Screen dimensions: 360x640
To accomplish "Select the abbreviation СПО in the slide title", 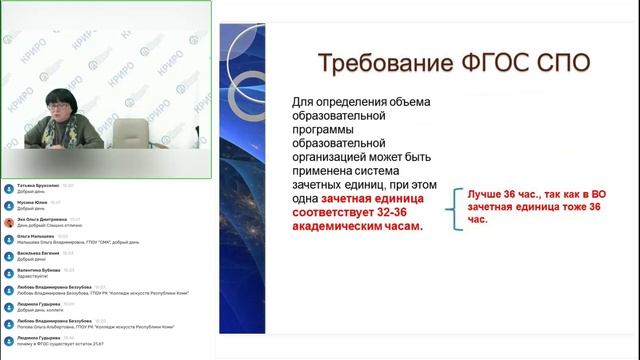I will (560, 63).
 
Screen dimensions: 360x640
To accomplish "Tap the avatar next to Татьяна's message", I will (7, 188).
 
